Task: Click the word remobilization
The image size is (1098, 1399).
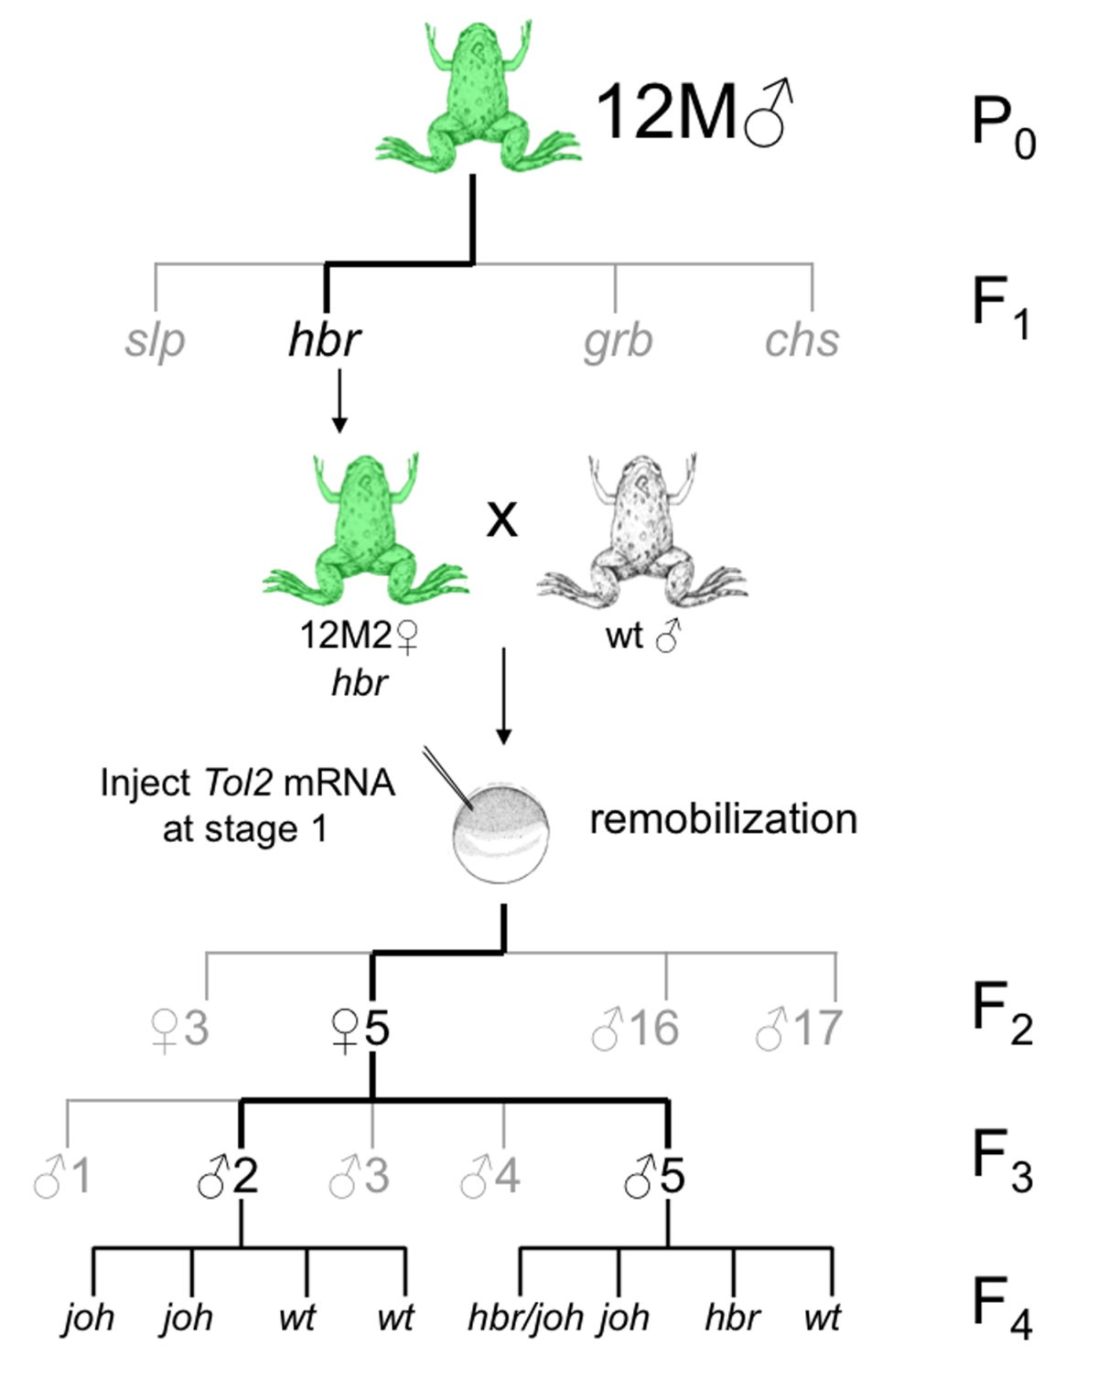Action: point(723,819)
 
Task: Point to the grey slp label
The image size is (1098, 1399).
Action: point(156,340)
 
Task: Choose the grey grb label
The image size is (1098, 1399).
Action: point(619,340)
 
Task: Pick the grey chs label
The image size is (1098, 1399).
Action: point(802,340)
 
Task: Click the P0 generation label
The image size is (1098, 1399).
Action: point(1002,128)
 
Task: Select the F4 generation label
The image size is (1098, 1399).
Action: point(1002,1308)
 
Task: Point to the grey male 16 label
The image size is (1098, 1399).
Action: point(635,1029)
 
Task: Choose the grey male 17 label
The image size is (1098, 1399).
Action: point(799,1029)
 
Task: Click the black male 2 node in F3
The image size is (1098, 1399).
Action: point(228,1176)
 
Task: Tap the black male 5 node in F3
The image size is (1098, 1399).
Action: point(654,1176)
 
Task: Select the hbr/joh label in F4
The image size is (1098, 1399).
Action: point(525,1318)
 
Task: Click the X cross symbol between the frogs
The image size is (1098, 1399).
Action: point(501,519)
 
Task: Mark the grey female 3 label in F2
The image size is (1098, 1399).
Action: point(179,1030)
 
